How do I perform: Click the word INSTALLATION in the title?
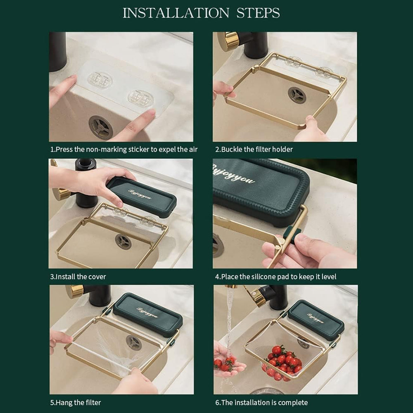click(176, 13)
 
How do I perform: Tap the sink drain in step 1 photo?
click(100, 127)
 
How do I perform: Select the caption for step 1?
click(123, 150)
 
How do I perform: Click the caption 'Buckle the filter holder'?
click(253, 150)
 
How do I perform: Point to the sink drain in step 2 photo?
click(297, 95)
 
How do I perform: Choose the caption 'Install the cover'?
click(78, 276)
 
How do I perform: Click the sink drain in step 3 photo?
click(123, 242)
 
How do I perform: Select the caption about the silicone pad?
click(275, 276)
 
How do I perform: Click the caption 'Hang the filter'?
click(76, 402)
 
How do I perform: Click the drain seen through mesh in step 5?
click(134, 342)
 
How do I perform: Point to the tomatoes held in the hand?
click(224, 363)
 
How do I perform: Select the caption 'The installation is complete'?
click(261, 402)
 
